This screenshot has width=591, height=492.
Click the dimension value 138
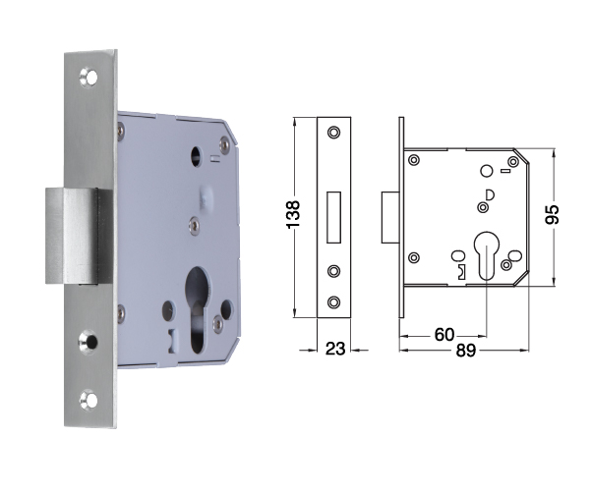coord(293,214)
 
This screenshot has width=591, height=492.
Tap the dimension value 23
coord(335,349)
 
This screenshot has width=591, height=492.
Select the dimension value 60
coord(444,334)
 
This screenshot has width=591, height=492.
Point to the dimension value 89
coord(466,351)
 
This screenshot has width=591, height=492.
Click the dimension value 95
coord(553,214)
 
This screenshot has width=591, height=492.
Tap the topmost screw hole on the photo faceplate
coord(89,78)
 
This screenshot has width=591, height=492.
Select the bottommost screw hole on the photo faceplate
coord(89,400)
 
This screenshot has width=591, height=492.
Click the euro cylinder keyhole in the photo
coord(198,309)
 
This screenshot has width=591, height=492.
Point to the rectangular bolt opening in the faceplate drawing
coord(333,217)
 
